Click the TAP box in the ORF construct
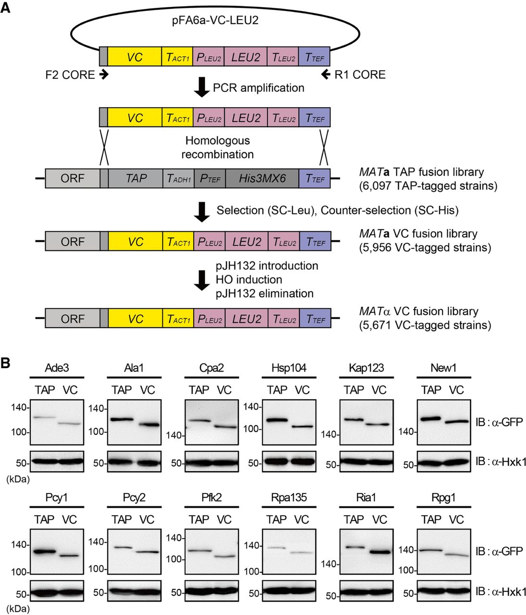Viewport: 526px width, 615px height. pyautogui.click(x=136, y=178)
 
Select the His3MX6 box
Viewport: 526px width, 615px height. pyautogui.click(x=262, y=178)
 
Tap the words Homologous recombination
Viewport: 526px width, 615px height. pyautogui.click(x=218, y=148)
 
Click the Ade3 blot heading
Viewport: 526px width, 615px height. pyautogui.click(x=57, y=368)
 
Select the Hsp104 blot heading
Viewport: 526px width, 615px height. pyautogui.click(x=289, y=368)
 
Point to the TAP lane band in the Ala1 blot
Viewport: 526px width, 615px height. pyautogui.click(x=121, y=419)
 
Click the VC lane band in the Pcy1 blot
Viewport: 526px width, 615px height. pyautogui.click(x=70, y=556)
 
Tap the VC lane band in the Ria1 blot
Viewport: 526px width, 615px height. pyautogui.click(x=379, y=552)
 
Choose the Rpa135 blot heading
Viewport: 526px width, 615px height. pyautogui.click(x=289, y=498)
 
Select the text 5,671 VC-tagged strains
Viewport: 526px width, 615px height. pyautogui.click(x=425, y=325)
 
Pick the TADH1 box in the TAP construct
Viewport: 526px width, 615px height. pyautogui.click(x=179, y=179)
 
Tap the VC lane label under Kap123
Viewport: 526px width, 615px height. pyautogui.click(x=379, y=390)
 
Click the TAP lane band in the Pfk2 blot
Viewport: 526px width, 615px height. pyautogui.click(x=199, y=551)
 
